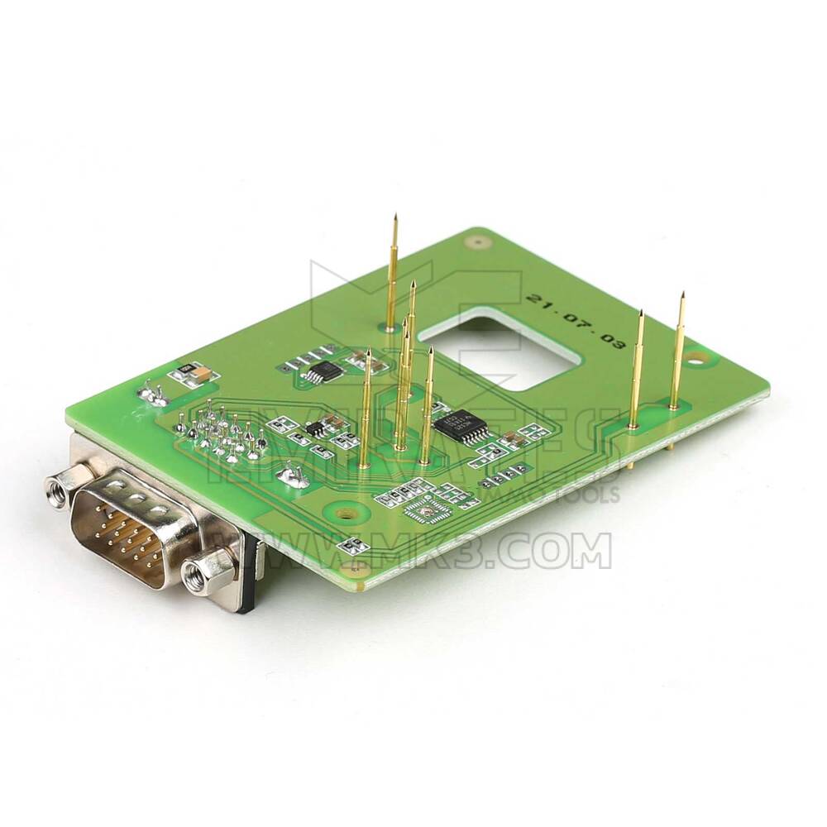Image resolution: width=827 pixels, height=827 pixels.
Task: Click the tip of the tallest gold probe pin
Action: click(x=395, y=218)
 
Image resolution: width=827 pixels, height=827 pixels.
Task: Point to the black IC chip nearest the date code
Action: click(x=318, y=371)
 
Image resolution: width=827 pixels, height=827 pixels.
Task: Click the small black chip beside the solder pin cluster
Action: click(x=317, y=429)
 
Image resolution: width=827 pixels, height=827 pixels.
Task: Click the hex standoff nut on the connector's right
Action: click(x=201, y=569)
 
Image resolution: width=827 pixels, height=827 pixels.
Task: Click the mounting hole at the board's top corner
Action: click(x=475, y=243)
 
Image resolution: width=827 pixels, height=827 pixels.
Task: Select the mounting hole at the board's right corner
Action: click(x=700, y=358)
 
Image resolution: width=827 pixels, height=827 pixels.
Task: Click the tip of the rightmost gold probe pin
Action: click(x=682, y=296)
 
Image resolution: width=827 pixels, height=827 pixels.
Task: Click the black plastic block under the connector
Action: click(x=246, y=583)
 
